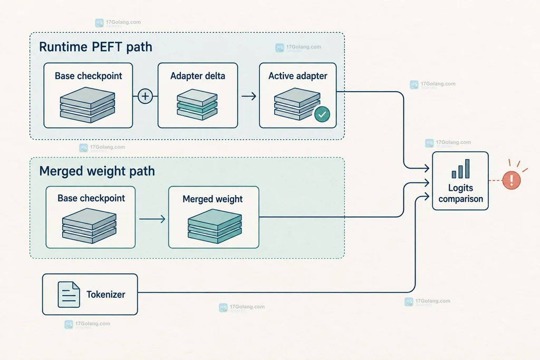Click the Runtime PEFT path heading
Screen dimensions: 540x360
point(95,47)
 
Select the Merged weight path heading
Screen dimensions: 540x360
point(97,171)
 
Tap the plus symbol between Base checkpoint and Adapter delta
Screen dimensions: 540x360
point(145,96)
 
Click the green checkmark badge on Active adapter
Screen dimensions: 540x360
point(322,114)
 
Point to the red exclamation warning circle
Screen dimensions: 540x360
point(512,180)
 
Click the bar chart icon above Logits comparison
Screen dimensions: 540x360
point(460,169)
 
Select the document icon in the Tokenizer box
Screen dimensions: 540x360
point(69,294)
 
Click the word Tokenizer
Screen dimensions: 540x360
point(105,295)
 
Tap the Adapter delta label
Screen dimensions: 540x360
point(198,76)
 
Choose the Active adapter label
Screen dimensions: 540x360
point(297,76)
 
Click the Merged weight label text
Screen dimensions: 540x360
point(213,199)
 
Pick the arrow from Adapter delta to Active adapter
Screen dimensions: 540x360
point(249,96)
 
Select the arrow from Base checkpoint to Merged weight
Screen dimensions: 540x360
point(152,219)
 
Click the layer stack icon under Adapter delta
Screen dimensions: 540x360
point(197,105)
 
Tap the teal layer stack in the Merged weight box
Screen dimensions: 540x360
point(215,226)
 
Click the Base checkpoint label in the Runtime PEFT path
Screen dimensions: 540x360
point(88,76)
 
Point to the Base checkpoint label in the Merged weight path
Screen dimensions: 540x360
point(91,199)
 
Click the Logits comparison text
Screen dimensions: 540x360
point(460,193)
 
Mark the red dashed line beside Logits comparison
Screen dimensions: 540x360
point(496,180)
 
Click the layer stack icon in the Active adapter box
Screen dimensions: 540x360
point(297,104)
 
